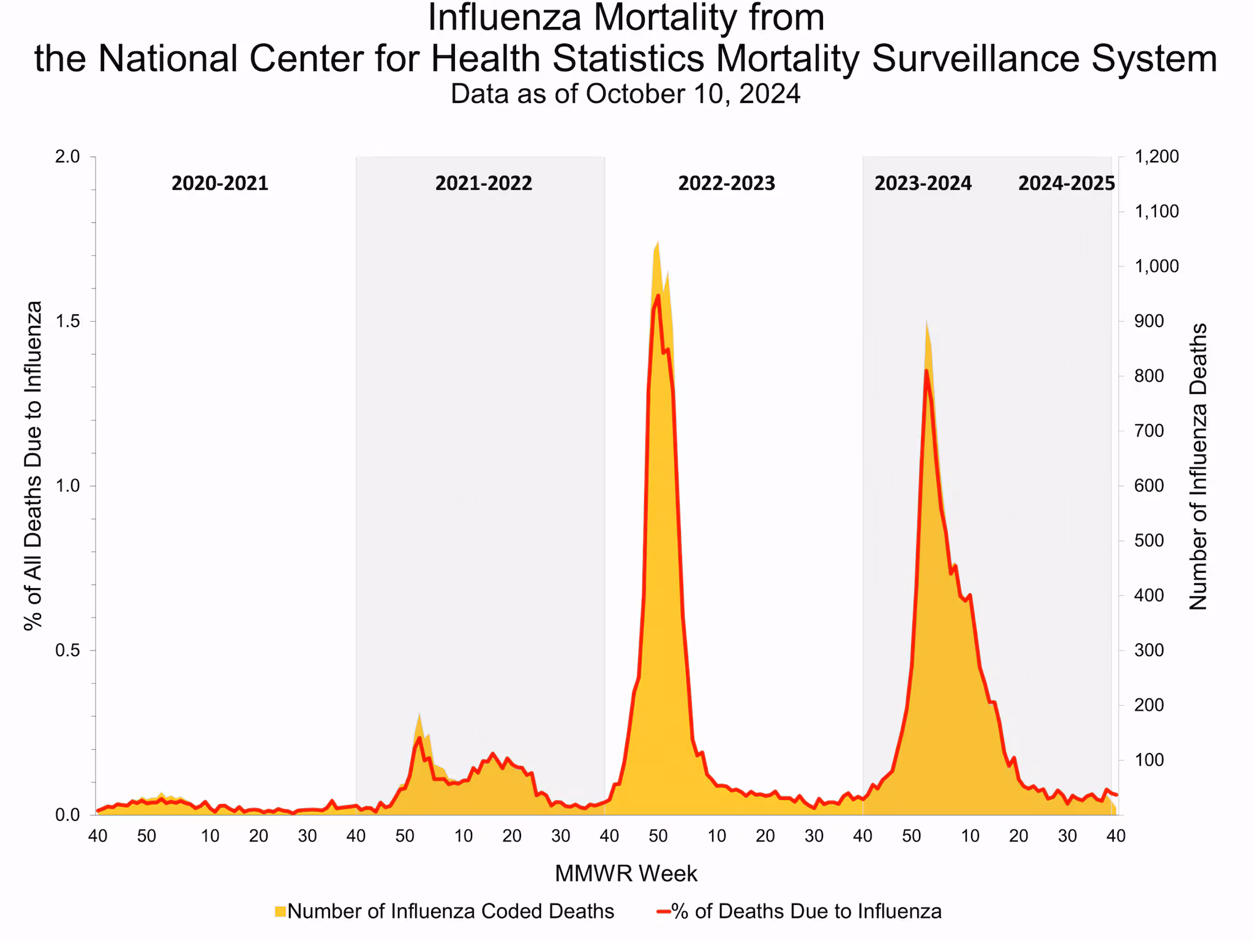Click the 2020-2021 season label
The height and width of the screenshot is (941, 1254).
(220, 183)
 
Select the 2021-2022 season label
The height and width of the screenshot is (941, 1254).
(484, 183)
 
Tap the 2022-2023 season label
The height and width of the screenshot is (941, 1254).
(726, 183)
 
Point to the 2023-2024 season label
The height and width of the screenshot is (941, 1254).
(923, 183)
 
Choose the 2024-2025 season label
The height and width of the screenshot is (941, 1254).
(1066, 183)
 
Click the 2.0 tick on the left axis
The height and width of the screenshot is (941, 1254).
(67, 157)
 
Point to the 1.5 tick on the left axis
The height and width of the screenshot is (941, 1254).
(67, 322)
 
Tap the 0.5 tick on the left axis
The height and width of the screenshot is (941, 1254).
(67, 651)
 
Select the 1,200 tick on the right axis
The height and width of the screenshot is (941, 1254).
(1157, 157)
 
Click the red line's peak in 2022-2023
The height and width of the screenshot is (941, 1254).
(658, 295)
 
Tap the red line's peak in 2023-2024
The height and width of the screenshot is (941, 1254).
(926, 371)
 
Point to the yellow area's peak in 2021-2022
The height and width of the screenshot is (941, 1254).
(419, 714)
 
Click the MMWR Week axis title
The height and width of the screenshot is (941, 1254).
(626, 874)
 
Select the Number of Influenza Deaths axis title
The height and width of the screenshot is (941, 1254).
(1198, 467)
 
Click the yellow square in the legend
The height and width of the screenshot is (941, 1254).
(280, 912)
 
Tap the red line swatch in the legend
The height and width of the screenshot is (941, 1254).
(663, 912)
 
